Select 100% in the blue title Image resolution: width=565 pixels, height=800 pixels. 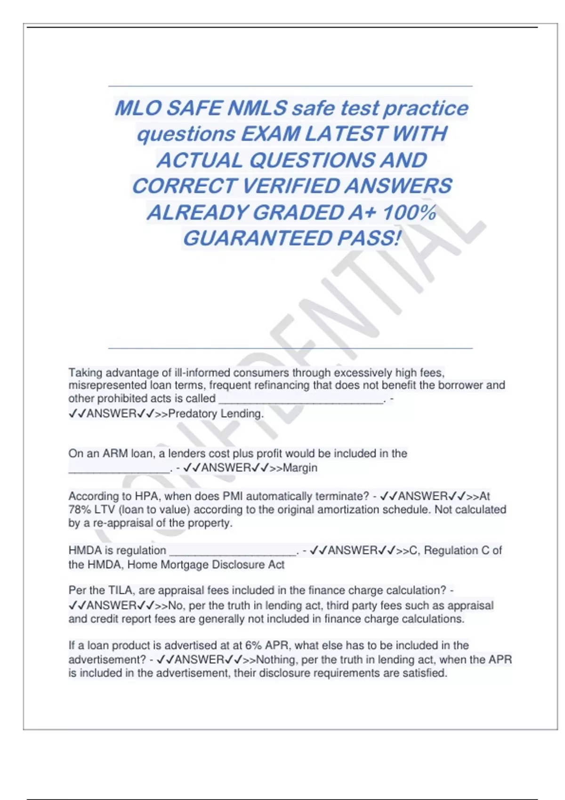(x=409, y=212)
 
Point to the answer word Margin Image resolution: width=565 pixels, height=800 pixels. (x=300, y=468)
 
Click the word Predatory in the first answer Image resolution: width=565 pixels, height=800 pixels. (x=190, y=414)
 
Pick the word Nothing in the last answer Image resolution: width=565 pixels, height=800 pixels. (x=275, y=660)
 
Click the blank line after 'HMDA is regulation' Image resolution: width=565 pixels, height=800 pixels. (x=233, y=552)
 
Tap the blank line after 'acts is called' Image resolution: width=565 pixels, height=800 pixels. (x=301, y=400)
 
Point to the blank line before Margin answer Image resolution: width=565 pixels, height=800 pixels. (x=119, y=469)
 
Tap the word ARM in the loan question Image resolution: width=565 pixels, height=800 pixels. (x=115, y=454)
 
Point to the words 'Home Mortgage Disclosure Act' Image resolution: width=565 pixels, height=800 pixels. (x=206, y=564)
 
